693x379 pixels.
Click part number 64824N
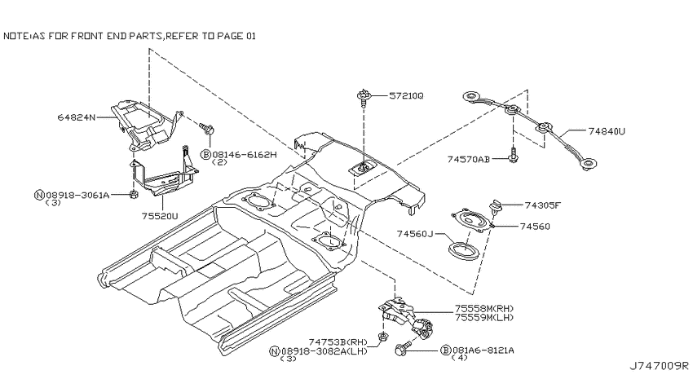click(x=76, y=117)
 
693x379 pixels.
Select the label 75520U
click(x=160, y=216)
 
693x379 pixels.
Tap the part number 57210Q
click(x=406, y=95)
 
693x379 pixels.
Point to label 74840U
click(x=607, y=130)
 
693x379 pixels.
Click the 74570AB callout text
click(x=469, y=159)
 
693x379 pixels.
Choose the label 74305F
click(x=543, y=205)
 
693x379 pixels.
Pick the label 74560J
click(x=414, y=233)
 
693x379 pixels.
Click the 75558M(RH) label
click(x=484, y=309)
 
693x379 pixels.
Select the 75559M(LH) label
click(x=484, y=317)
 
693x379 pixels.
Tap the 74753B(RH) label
click(x=338, y=342)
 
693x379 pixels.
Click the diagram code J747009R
click(x=660, y=366)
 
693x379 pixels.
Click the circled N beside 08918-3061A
click(x=39, y=195)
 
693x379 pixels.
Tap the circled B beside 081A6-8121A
click(x=445, y=350)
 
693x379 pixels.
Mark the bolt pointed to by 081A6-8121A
click(x=402, y=348)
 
